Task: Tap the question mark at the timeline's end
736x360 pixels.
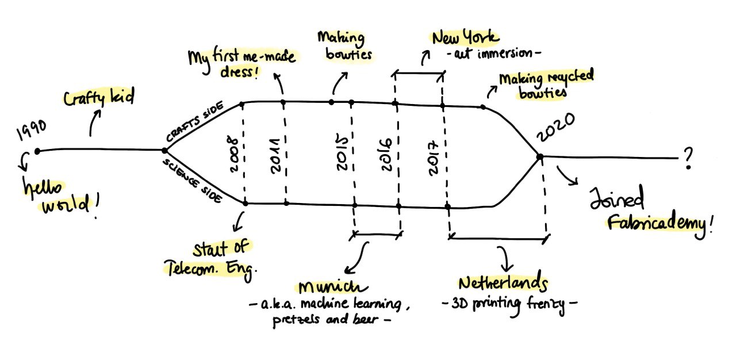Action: (x=688, y=158)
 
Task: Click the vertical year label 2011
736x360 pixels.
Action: (x=275, y=156)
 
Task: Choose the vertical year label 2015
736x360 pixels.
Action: (x=342, y=152)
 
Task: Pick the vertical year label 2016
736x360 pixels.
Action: (x=386, y=154)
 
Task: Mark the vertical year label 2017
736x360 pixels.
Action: (x=433, y=158)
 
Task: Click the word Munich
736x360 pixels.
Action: (x=332, y=287)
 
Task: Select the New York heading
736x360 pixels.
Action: (x=465, y=37)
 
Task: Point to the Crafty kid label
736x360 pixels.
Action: (x=99, y=97)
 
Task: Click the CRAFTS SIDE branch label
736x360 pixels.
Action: (x=194, y=121)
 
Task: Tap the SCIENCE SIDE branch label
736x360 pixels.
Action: (x=193, y=181)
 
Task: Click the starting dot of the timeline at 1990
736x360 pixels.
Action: (x=37, y=151)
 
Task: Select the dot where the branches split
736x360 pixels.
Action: (x=164, y=151)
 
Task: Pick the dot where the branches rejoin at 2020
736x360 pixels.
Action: (x=540, y=157)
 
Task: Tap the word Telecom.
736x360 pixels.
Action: (x=190, y=268)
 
